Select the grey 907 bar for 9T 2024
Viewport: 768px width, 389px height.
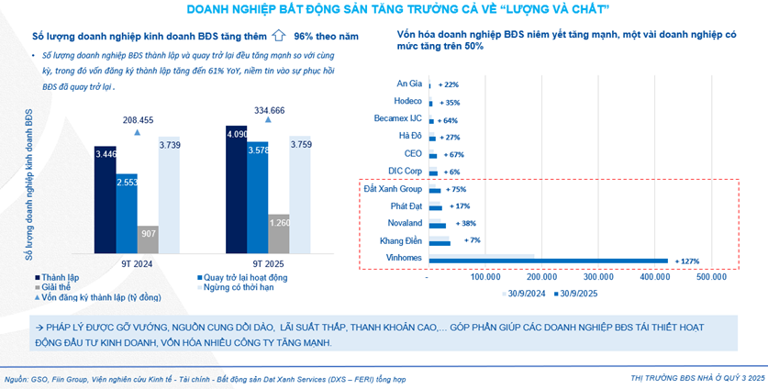[148, 238]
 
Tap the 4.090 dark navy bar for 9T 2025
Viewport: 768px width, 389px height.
[236, 188]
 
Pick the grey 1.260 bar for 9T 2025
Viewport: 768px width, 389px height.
[279, 232]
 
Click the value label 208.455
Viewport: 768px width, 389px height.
[138, 119]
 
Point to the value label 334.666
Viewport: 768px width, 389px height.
[269, 110]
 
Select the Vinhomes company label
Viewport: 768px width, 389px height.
[405, 261]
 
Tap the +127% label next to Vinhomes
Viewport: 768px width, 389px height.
[688, 261]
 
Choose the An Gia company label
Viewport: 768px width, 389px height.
[409, 83]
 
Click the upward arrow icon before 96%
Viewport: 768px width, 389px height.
[280, 37]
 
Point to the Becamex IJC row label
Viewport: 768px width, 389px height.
[397, 119]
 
